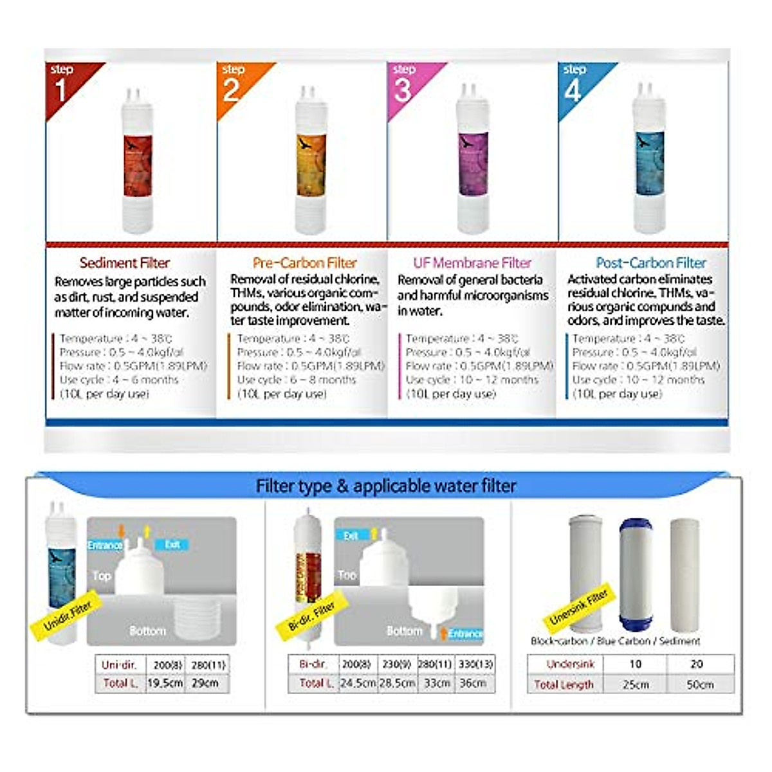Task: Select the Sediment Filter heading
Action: point(125,263)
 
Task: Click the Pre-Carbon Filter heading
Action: point(304,263)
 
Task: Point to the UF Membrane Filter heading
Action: point(472,263)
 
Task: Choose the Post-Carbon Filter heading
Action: point(650,263)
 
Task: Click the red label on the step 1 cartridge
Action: point(138,165)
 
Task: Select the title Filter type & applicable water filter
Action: point(386,486)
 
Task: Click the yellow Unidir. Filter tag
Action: point(68,614)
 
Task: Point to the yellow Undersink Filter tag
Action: point(578,608)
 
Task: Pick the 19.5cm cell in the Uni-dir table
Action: point(165,683)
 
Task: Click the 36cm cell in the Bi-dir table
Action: point(473,683)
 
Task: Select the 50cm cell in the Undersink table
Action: point(700,685)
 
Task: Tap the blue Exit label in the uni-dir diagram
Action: point(172,545)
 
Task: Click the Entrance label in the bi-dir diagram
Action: point(465,634)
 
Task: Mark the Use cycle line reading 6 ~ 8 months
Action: point(297,380)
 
